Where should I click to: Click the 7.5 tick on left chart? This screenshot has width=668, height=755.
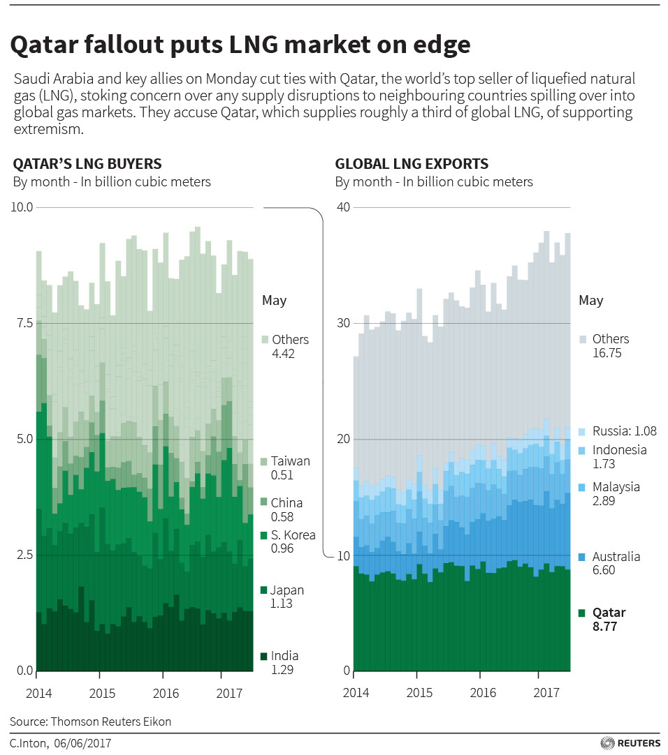click(24, 323)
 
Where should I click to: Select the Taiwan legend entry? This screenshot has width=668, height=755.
click(290, 461)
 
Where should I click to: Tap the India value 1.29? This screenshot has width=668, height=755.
click(282, 670)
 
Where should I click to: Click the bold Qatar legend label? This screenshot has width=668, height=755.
click(608, 613)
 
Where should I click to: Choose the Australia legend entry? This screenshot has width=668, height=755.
click(616, 557)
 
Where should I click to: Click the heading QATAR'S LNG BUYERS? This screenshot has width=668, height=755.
click(87, 164)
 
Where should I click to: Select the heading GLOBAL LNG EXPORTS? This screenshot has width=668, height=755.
click(412, 164)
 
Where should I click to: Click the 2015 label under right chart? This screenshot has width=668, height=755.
click(419, 693)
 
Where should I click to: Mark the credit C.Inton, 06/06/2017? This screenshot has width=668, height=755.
click(60, 745)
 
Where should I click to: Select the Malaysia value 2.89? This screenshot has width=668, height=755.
click(604, 501)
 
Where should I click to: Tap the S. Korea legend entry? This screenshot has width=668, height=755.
click(293, 535)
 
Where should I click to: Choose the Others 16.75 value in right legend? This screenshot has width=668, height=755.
click(607, 353)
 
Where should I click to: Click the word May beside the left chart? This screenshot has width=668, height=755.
click(274, 301)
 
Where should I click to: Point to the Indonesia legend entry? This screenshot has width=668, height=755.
click(619, 450)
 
